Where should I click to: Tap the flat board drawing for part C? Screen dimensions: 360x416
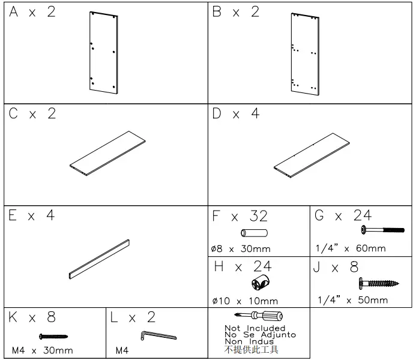(107, 154)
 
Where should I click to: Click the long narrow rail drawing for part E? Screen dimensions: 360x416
(100, 259)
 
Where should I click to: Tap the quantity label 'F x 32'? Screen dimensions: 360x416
(241, 216)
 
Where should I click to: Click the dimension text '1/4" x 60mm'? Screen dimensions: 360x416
(351, 248)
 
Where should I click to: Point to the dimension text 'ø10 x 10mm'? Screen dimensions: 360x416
(246, 301)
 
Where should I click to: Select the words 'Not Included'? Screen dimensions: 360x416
(255, 328)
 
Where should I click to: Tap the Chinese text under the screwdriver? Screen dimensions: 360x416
(252, 349)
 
